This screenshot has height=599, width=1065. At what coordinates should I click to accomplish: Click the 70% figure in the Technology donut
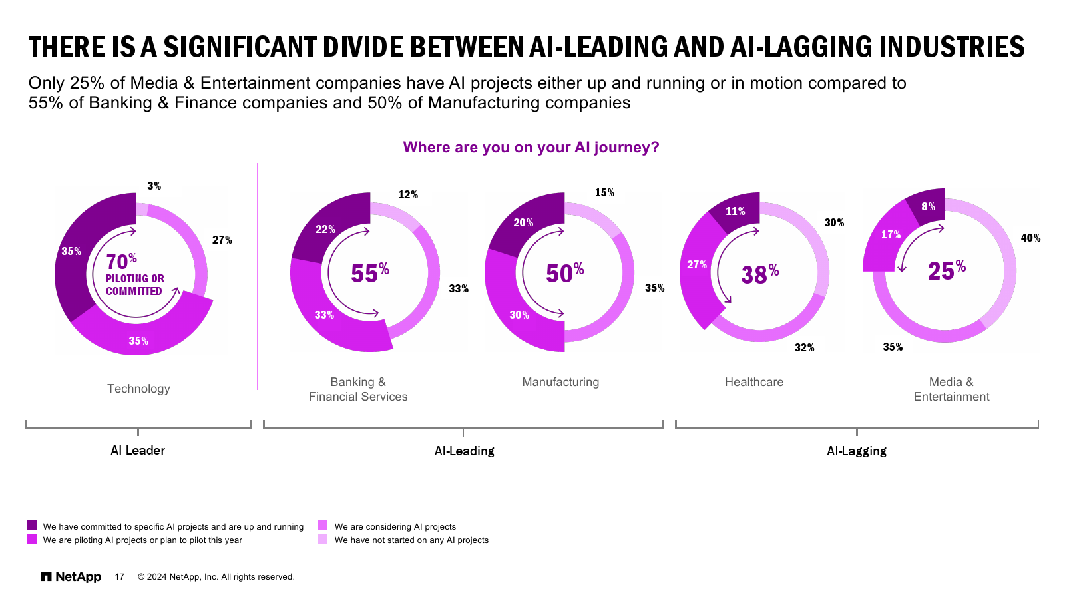tap(121, 262)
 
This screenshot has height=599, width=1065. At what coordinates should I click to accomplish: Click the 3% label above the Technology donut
tap(154, 186)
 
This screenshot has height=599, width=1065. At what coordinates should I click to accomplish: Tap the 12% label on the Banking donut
tap(408, 195)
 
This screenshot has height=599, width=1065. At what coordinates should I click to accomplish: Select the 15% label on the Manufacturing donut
tap(604, 193)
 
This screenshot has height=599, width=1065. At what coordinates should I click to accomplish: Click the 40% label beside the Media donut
tap(1030, 238)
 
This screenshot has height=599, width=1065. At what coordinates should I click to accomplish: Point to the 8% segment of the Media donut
tap(928, 207)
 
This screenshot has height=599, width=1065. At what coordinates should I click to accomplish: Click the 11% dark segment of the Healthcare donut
tap(735, 212)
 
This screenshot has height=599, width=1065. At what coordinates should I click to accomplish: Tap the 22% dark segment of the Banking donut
tap(325, 230)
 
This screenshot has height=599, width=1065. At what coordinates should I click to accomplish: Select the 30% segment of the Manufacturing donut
tap(519, 315)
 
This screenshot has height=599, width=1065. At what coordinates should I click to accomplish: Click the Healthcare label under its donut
tap(754, 382)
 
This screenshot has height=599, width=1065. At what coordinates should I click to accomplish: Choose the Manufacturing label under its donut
tap(560, 382)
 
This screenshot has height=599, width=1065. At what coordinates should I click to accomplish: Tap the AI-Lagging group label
tap(856, 451)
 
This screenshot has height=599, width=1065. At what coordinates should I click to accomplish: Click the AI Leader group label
tap(138, 451)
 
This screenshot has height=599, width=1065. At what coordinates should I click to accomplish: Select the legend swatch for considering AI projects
tap(323, 525)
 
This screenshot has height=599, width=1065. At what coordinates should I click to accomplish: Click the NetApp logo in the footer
tap(71, 576)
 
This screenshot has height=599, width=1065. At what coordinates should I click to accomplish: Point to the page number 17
tap(120, 577)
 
